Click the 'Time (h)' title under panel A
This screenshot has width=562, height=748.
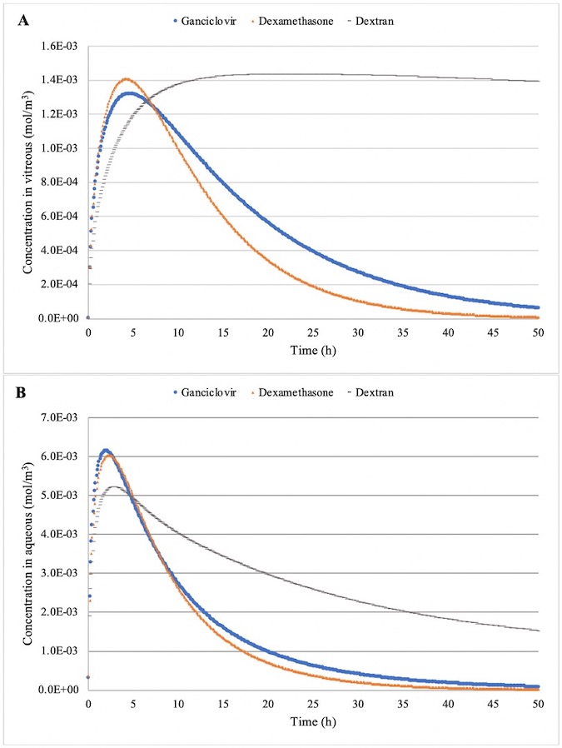[x=312, y=353]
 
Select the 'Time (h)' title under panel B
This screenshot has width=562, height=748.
[x=312, y=725]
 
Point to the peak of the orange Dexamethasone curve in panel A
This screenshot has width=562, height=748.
[x=127, y=79]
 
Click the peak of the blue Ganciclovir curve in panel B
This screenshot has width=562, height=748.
[x=105, y=451]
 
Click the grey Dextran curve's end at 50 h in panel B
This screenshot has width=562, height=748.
[x=538, y=631]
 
